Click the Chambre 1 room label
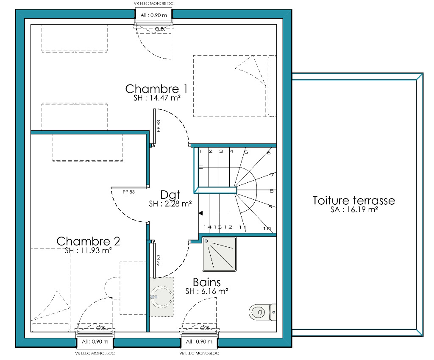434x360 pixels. click(x=156, y=89)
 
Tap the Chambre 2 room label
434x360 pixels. click(x=88, y=241)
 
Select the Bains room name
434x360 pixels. click(x=207, y=282)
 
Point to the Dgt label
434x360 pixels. click(x=170, y=195)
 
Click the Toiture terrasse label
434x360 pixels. click(x=354, y=201)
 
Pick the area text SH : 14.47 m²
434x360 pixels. click(x=157, y=98)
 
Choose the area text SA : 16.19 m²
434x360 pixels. click(x=354, y=209)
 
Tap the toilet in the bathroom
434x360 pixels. click(x=262, y=312)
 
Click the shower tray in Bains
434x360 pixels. click(x=219, y=254)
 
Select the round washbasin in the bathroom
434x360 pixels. click(x=161, y=297)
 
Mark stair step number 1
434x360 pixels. click(x=200, y=151)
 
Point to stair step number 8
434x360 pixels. click(x=272, y=191)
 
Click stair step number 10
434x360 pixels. click(x=267, y=229)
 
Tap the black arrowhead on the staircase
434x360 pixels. click(x=200, y=213)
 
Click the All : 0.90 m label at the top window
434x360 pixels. click(x=153, y=15)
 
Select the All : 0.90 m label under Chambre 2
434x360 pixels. click(x=95, y=342)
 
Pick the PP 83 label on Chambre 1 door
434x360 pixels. click(x=159, y=126)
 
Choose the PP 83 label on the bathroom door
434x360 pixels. click(x=159, y=261)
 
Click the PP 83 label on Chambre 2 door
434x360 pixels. click(x=129, y=192)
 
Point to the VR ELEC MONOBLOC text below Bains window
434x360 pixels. click(x=199, y=353)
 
